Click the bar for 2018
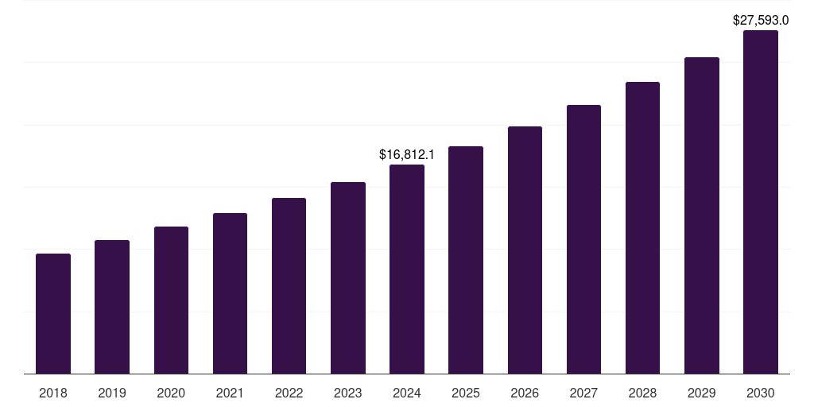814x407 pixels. pyautogui.click(x=53, y=314)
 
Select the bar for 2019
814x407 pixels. pyautogui.click(x=112, y=307)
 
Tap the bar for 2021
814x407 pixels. pyautogui.click(x=230, y=293)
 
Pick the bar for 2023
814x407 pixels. pyautogui.click(x=348, y=278)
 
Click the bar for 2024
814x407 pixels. pyautogui.click(x=407, y=269)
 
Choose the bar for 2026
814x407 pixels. pyautogui.click(x=525, y=250)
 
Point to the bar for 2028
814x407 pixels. pyautogui.click(x=642, y=228)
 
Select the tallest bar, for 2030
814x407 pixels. pyautogui.click(x=760, y=203)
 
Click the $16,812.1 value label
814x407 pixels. pyautogui.click(x=407, y=154)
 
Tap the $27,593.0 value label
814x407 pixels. pyautogui.click(x=760, y=20)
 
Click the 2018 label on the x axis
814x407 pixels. pyautogui.click(x=53, y=393)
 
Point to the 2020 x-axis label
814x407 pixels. pyautogui.click(x=171, y=393)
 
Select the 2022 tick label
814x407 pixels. pyautogui.click(x=289, y=393)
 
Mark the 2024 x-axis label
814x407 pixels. pyautogui.click(x=407, y=393)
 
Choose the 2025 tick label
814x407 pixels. pyautogui.click(x=466, y=393)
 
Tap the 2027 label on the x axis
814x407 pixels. pyautogui.click(x=583, y=393)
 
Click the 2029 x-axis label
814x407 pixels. pyautogui.click(x=701, y=393)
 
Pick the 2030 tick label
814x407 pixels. pyautogui.click(x=760, y=393)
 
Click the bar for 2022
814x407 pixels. pyautogui.click(x=289, y=286)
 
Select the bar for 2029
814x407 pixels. pyautogui.click(x=701, y=215)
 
